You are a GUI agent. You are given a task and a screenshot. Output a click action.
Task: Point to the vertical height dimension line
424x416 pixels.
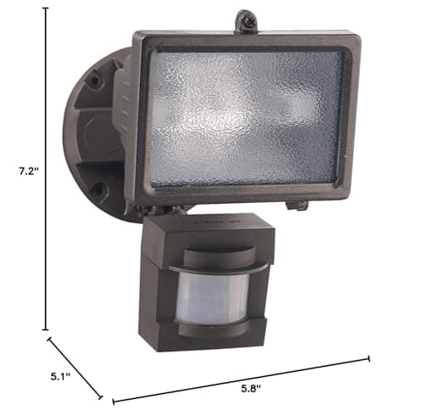(x=46, y=170)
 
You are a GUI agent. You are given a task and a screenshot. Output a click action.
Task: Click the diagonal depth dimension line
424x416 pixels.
(x=75, y=368)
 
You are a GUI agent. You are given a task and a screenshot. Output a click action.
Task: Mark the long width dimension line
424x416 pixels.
(x=242, y=377)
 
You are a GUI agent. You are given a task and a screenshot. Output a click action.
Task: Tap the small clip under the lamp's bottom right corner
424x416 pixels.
(x=298, y=204)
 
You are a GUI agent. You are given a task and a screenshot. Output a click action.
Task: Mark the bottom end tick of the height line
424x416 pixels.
(x=46, y=329)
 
